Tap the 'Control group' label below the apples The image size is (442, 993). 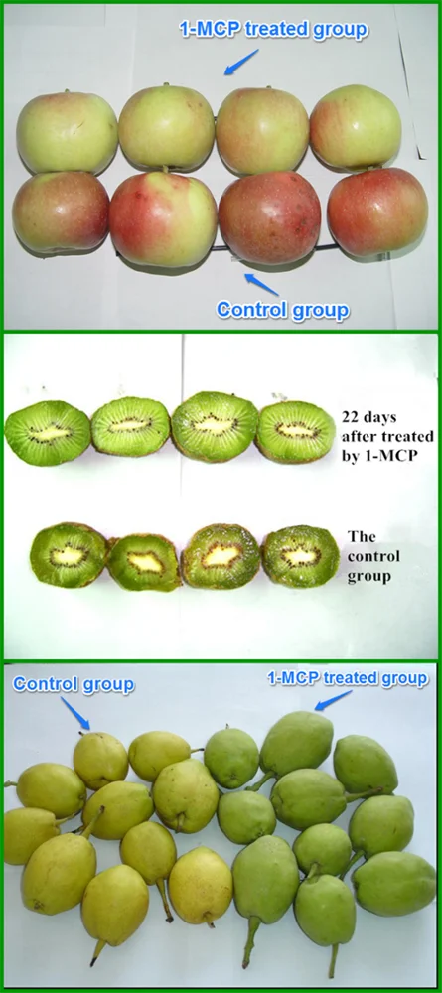(283, 311)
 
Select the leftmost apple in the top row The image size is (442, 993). (67, 133)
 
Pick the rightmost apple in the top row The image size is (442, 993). (355, 127)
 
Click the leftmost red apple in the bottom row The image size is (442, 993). (61, 212)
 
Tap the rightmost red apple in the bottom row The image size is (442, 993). (377, 213)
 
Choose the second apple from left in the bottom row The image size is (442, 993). (163, 218)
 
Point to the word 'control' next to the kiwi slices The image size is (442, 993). (369, 556)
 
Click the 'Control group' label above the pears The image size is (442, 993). (74, 685)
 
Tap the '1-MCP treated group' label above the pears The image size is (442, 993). (348, 678)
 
